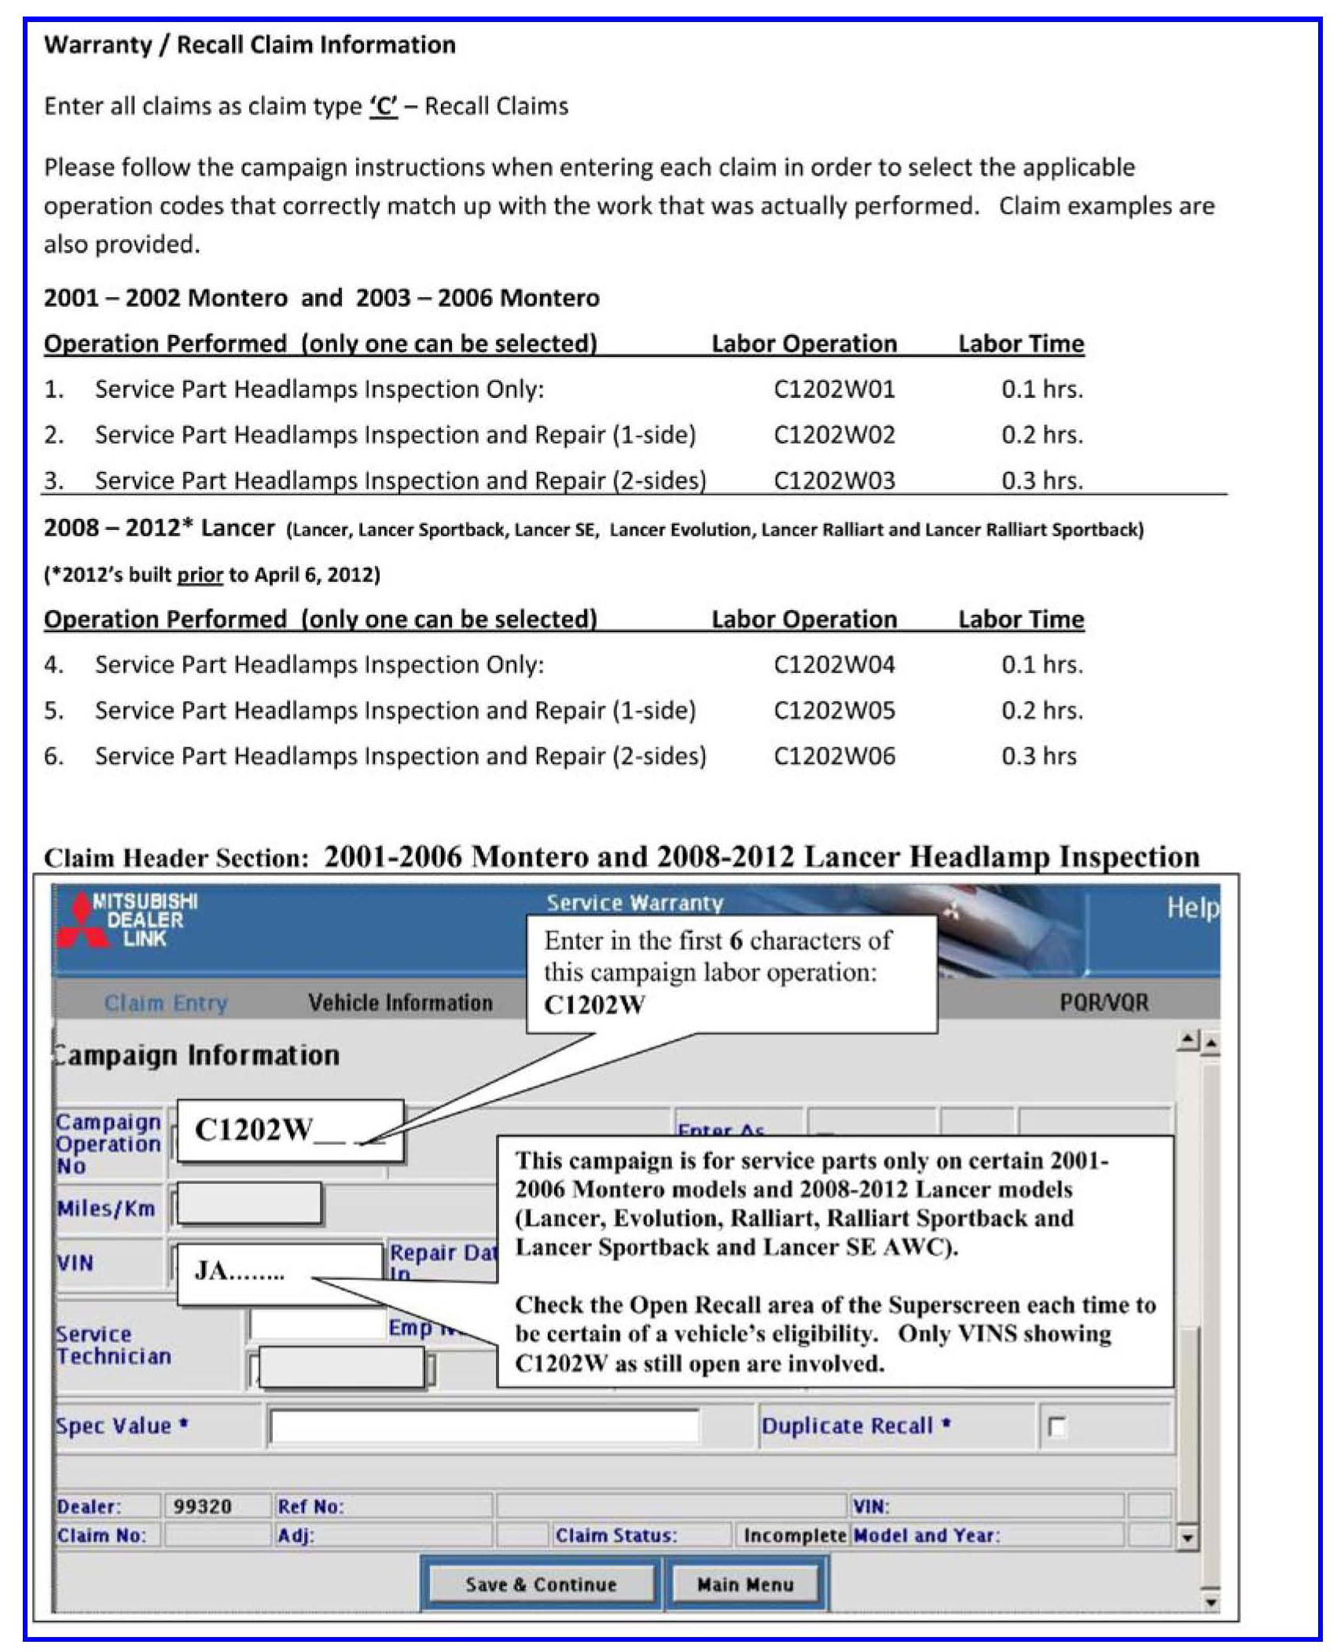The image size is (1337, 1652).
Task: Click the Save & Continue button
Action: (541, 1584)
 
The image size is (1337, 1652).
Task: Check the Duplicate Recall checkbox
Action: (1057, 1426)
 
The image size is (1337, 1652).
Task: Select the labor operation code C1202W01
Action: (834, 389)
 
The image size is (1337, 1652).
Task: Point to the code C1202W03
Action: (834, 480)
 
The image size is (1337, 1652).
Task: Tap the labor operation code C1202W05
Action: (834, 710)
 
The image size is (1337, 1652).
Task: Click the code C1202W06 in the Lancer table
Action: (834, 756)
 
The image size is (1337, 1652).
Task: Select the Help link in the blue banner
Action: (1192, 907)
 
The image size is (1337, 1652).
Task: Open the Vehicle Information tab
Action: (400, 1003)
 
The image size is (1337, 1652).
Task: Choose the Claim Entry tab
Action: (166, 1003)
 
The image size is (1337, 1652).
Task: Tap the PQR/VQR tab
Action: (1104, 1003)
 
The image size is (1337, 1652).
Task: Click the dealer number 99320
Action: (202, 1507)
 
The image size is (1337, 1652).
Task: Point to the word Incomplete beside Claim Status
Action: (794, 1536)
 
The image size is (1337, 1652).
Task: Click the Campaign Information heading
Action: (197, 1055)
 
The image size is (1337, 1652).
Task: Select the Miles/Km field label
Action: (106, 1209)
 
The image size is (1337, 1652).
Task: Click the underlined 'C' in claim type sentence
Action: (384, 106)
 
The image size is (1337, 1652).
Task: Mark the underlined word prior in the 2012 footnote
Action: (200, 575)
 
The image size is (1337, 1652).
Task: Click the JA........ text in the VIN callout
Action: (239, 1271)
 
